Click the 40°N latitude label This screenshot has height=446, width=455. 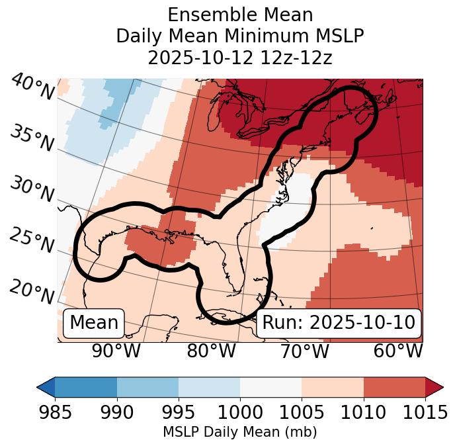tap(32, 87)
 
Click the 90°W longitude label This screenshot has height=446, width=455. tap(116, 351)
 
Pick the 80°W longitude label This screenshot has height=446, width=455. tap(211, 351)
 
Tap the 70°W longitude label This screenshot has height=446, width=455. tap(304, 351)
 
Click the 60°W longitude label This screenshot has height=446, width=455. tap(398, 351)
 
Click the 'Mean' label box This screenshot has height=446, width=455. tap(94, 323)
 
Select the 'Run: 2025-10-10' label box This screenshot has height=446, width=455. tap(339, 323)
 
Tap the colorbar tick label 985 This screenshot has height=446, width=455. tap(55, 412)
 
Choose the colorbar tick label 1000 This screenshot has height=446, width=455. tap(240, 412)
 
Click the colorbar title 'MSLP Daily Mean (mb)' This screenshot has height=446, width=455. tap(240, 433)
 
